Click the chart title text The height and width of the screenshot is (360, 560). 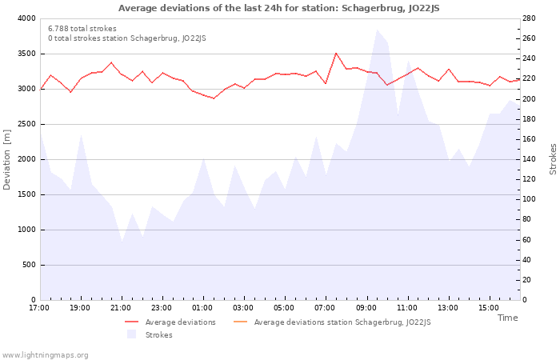click(x=279, y=8)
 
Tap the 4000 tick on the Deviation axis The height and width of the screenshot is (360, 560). click(x=26, y=18)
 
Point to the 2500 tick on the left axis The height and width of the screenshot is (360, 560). click(x=26, y=124)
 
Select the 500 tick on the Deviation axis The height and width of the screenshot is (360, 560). click(x=28, y=265)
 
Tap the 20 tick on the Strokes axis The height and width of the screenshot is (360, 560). click(x=530, y=280)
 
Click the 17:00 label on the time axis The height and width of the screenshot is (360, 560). click(x=39, y=308)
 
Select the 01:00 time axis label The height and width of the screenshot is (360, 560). click(x=202, y=308)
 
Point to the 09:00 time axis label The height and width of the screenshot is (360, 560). click(x=366, y=308)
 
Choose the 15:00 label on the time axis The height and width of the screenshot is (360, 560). click(x=489, y=308)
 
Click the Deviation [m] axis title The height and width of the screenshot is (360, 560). click(x=7, y=159)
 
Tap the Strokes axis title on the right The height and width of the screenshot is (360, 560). click(x=553, y=159)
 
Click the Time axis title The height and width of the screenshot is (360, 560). click(x=507, y=318)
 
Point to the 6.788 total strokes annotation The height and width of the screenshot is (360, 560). click(x=82, y=29)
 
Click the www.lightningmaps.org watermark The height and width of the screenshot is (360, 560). click(x=45, y=355)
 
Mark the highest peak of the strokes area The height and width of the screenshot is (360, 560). click(x=377, y=30)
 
